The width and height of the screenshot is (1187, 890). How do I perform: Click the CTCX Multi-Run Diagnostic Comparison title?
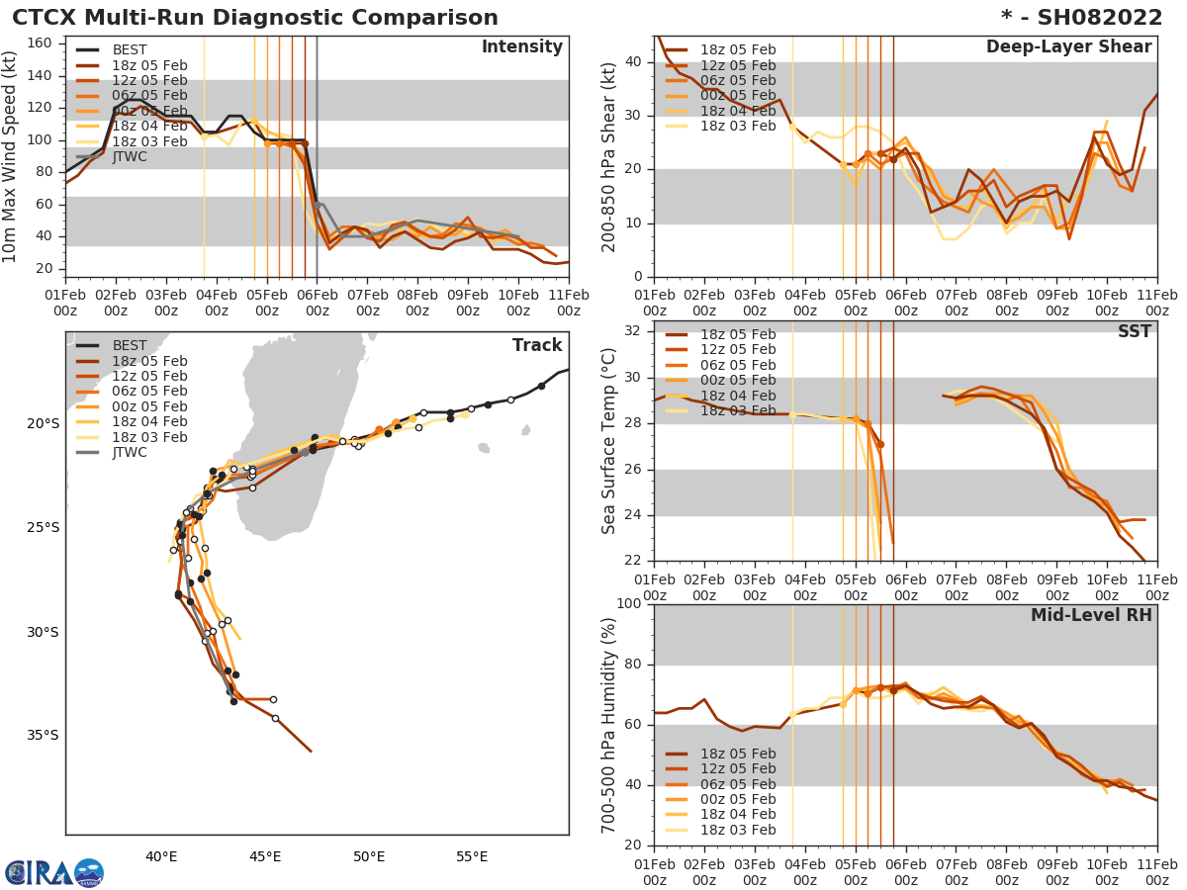(255, 18)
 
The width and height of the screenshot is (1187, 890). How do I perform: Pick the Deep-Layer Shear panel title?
(1068, 47)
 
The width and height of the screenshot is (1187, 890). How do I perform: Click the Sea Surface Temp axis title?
(609, 441)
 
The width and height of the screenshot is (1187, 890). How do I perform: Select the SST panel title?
(1135, 331)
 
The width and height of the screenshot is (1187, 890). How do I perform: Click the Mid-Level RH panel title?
(1091, 615)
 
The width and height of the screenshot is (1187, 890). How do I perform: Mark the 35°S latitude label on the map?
(44, 735)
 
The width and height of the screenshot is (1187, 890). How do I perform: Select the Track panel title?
(537, 345)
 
